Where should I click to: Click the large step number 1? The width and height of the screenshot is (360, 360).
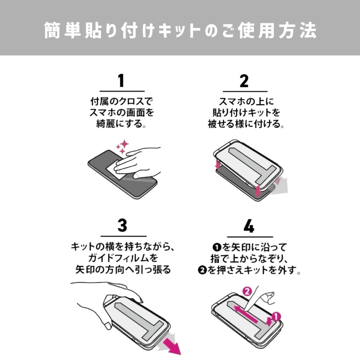coord(121,80)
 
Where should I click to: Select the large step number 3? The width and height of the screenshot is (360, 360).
coord(123,225)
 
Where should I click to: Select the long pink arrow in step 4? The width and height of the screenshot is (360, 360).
coord(246,315)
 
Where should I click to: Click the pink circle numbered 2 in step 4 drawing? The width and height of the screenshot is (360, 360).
coord(247,292)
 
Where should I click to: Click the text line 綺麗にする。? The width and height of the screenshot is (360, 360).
coord(121,124)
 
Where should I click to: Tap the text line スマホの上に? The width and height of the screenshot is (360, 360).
coord(246,102)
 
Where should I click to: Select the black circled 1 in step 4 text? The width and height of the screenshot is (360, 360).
coord(217,248)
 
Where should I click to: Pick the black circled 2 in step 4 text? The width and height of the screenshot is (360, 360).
coord(202,270)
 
